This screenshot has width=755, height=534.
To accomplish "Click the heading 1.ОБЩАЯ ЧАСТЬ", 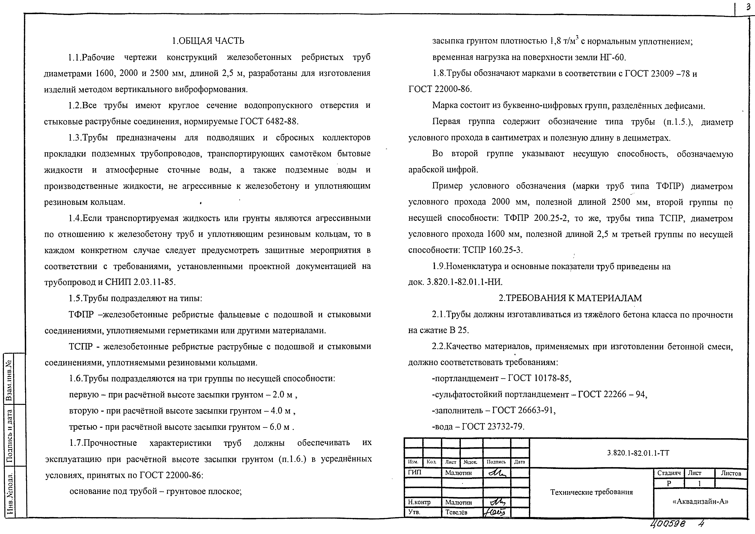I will pos(208,41).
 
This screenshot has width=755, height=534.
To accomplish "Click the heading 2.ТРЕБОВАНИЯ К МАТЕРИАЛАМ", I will pos(570,298).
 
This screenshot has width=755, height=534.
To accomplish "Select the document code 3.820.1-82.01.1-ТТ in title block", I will pos(638,453).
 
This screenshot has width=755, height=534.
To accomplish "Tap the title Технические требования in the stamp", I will pos(591,492).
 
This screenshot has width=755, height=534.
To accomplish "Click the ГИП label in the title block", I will pos(414,473).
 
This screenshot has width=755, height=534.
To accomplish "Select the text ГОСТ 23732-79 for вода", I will pos(493,426).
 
